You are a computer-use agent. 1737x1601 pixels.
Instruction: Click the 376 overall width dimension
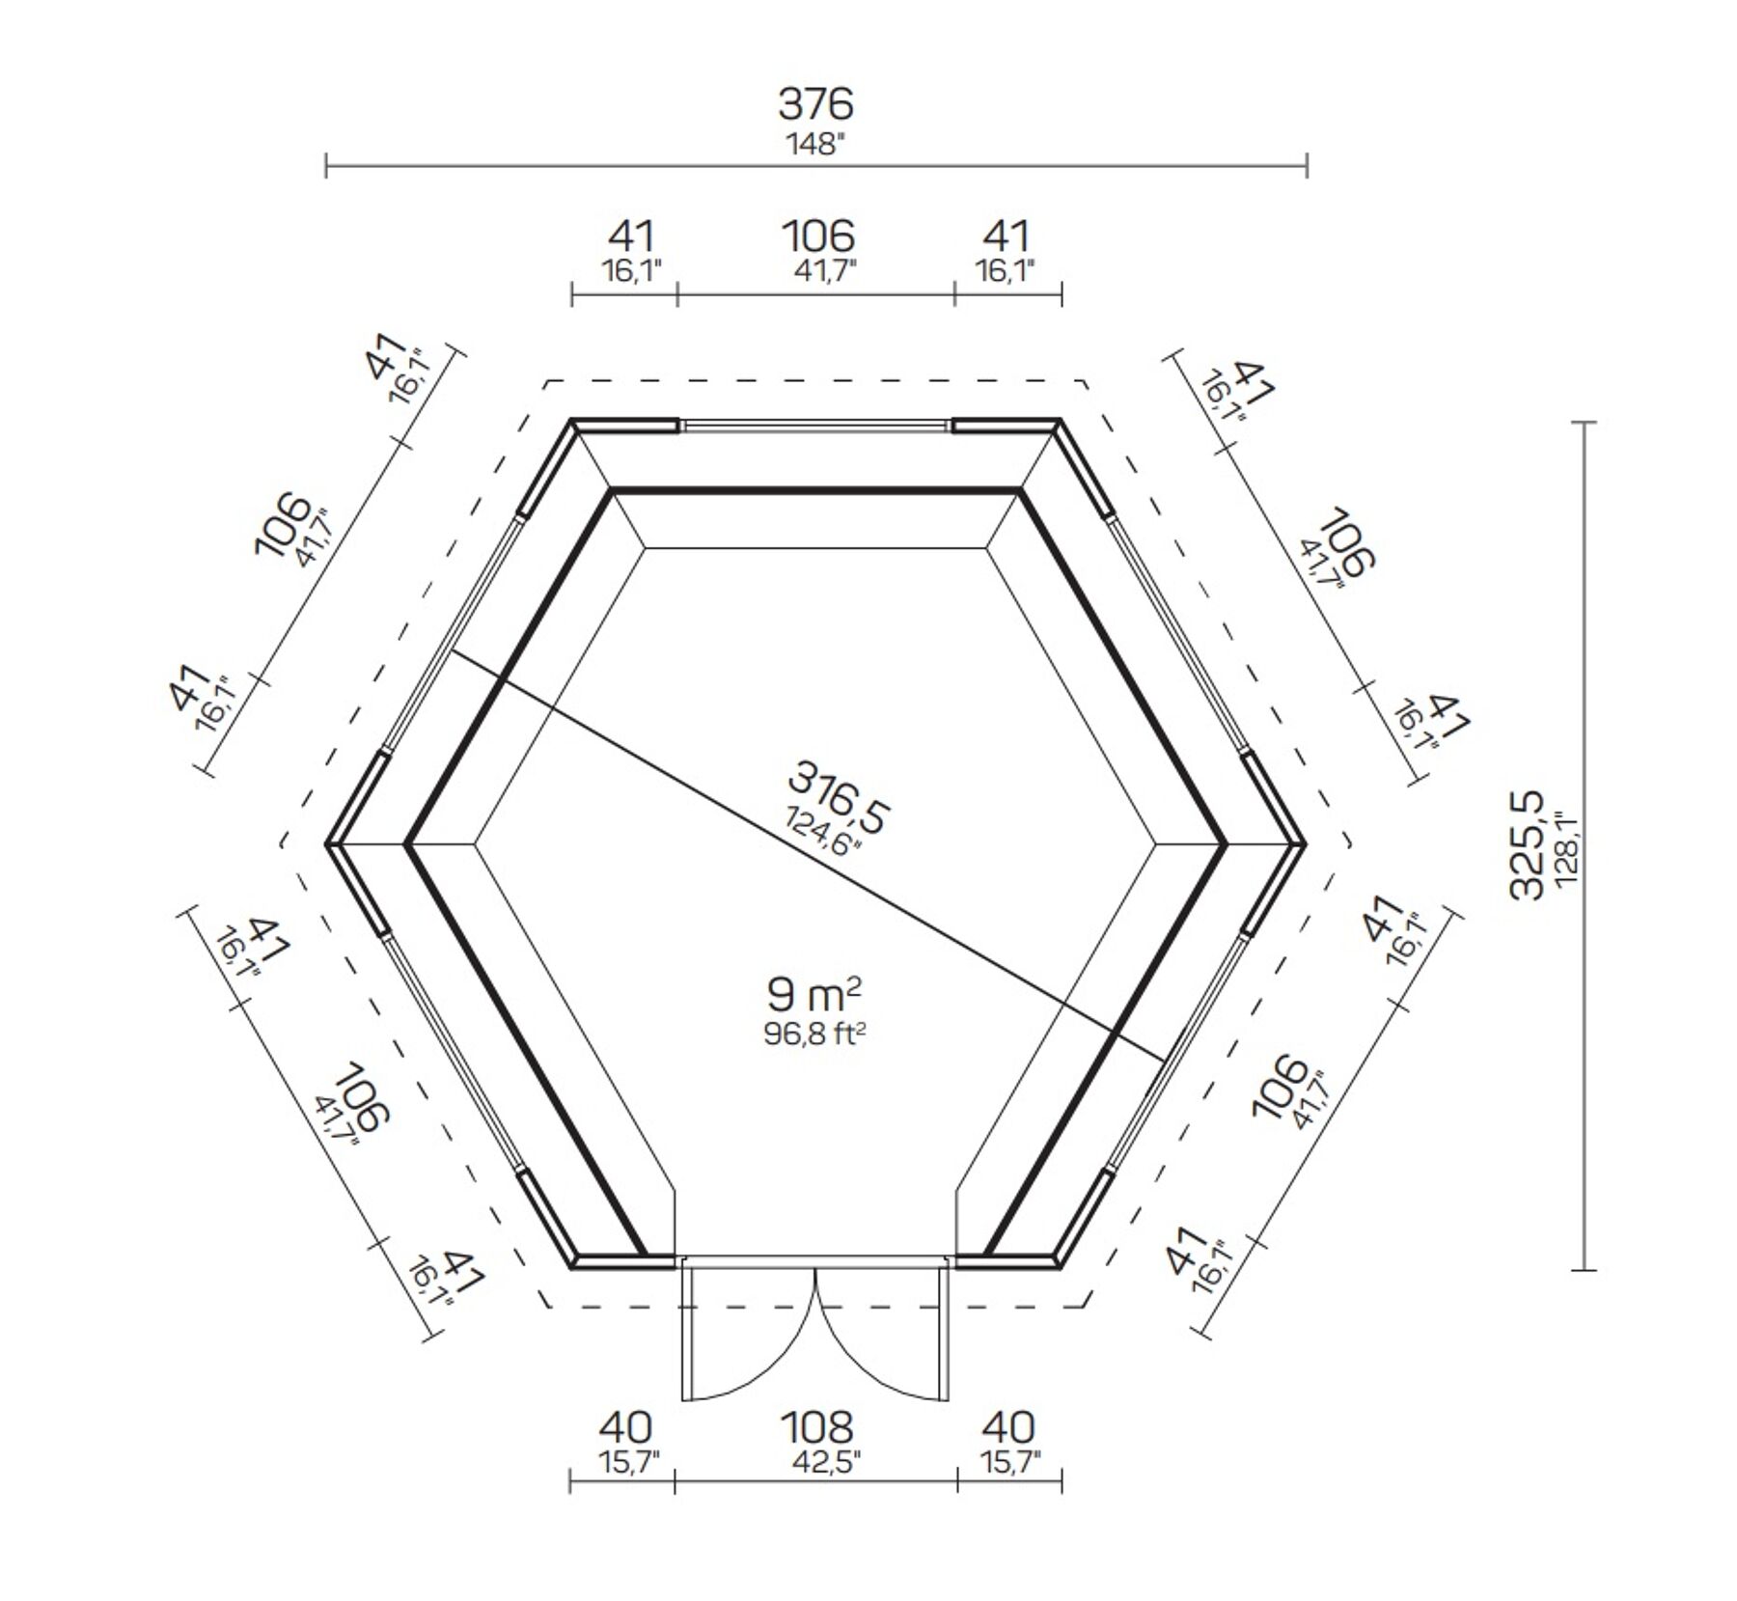[816, 103]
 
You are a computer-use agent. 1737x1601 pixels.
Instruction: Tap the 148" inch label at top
[816, 145]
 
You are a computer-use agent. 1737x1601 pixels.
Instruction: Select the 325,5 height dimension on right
[1528, 845]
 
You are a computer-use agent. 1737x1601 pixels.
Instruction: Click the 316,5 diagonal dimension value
[837, 797]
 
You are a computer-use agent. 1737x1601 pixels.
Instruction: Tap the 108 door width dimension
[816, 1426]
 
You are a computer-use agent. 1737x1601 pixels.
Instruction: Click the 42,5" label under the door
[816, 1463]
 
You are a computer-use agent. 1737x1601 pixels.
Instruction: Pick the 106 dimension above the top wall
[817, 235]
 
